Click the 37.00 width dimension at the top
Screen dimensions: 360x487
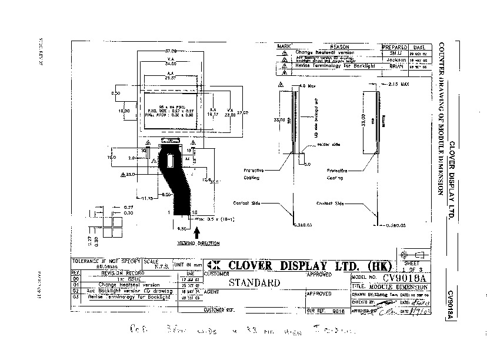tap(171, 51)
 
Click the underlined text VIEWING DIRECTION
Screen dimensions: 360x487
tap(198, 243)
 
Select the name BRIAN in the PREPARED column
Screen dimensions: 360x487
tap(395, 66)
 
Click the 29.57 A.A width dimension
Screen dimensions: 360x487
tap(171, 78)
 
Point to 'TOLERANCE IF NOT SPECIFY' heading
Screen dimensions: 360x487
tap(105, 260)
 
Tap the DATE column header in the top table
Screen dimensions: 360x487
tap(419, 46)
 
